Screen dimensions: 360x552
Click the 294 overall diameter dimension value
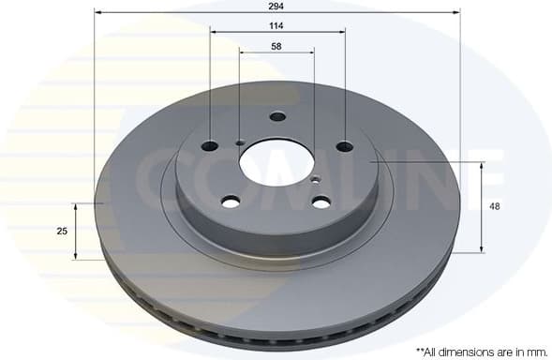276,6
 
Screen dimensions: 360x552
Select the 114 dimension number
276,25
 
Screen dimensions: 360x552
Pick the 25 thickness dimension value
62,231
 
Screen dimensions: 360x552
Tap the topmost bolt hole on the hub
276,117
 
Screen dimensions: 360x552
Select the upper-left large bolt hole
210,145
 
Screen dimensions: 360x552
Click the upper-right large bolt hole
345,146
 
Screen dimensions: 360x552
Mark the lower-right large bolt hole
321,202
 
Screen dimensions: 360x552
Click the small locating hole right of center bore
315,180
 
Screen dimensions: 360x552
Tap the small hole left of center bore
240,142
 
